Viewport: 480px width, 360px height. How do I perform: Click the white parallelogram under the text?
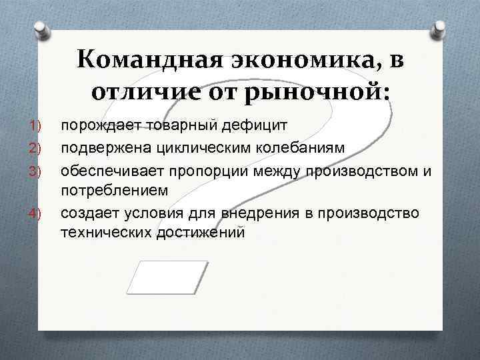(167, 277)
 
